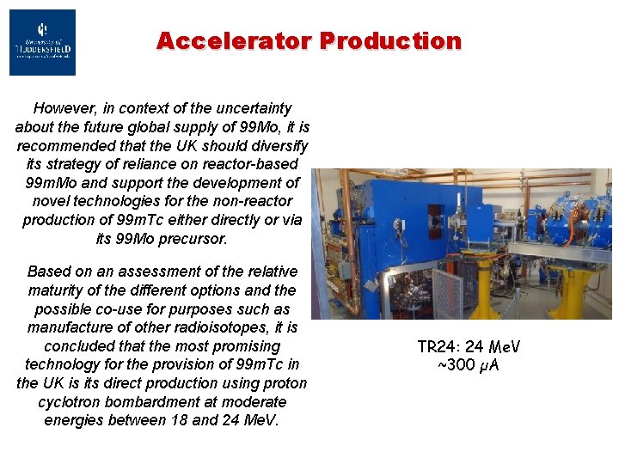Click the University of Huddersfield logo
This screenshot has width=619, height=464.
click(42, 42)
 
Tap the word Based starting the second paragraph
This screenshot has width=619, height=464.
click(46, 271)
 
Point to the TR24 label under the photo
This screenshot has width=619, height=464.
click(436, 347)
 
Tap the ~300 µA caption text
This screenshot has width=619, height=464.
click(469, 366)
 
